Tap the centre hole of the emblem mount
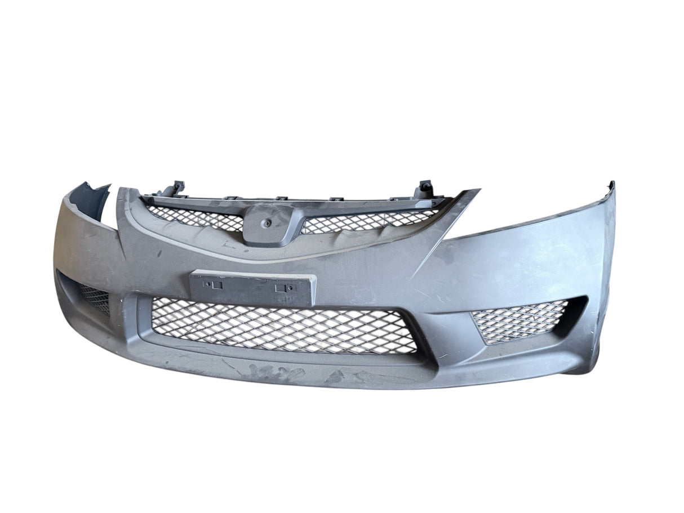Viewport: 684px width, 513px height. [x=268, y=223]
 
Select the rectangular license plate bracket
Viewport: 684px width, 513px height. [x=252, y=288]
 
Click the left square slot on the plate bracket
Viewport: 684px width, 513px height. [x=217, y=285]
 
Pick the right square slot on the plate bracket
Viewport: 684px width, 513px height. [x=280, y=288]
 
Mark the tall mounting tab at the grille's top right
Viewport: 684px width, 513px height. [x=424, y=189]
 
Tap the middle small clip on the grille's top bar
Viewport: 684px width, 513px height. [x=281, y=198]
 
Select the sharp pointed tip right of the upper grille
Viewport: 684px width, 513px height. [x=476, y=191]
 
